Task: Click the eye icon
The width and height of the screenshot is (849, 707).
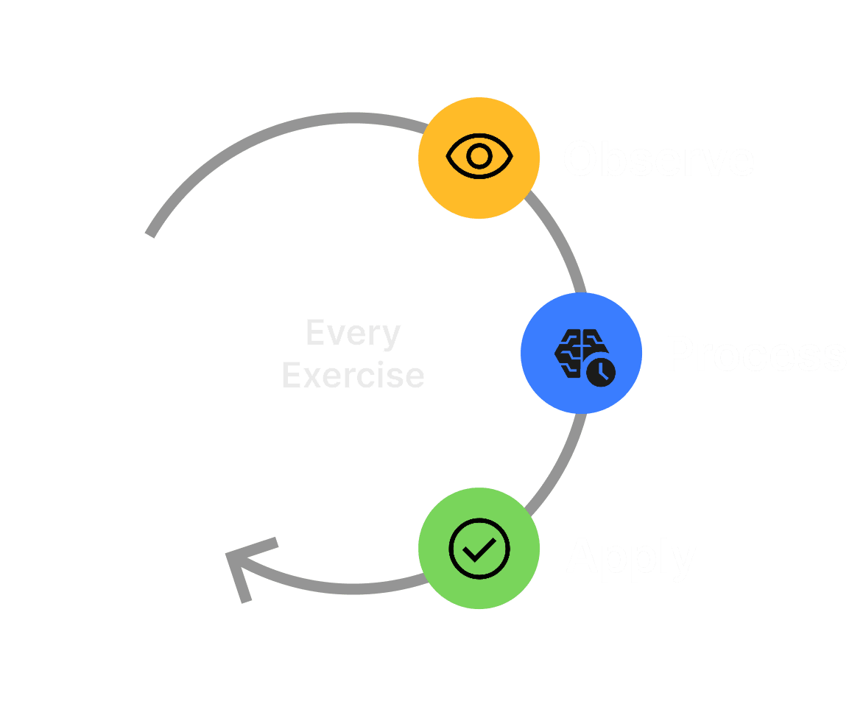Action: pyautogui.click(x=479, y=156)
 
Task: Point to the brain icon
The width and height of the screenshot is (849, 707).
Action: pyautogui.click(x=578, y=352)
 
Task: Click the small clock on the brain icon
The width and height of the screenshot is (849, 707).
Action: pyautogui.click(x=601, y=371)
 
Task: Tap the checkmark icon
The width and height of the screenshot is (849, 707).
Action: pyautogui.click(x=479, y=549)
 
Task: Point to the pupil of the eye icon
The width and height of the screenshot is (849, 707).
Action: pyautogui.click(x=479, y=156)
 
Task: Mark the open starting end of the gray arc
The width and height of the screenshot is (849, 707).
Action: pyautogui.click(x=151, y=232)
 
